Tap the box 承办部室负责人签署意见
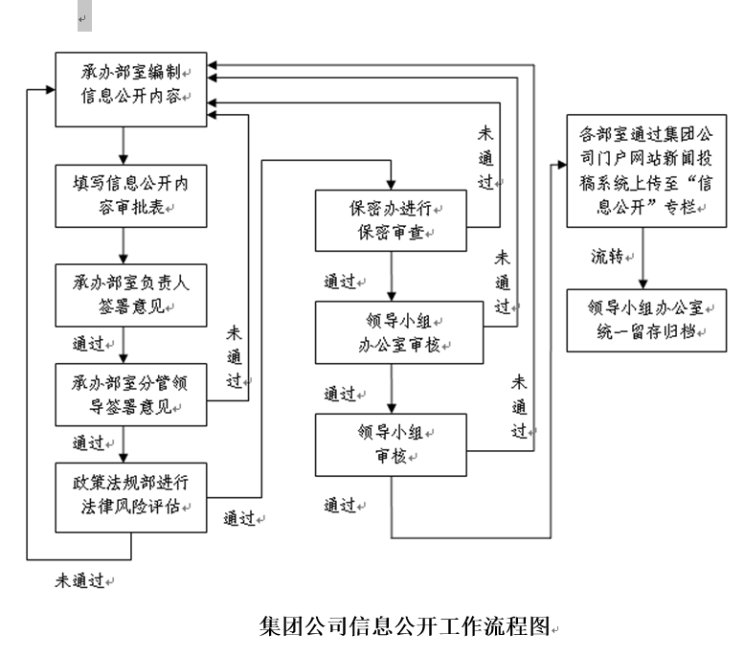click(129, 294)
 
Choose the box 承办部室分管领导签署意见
click(129, 394)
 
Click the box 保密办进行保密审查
click(391, 219)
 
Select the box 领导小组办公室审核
click(391, 332)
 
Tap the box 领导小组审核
click(391, 444)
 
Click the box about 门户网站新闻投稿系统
click(641, 171)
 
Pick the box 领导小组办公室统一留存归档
click(641, 320)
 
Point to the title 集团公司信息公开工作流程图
click(407, 626)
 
